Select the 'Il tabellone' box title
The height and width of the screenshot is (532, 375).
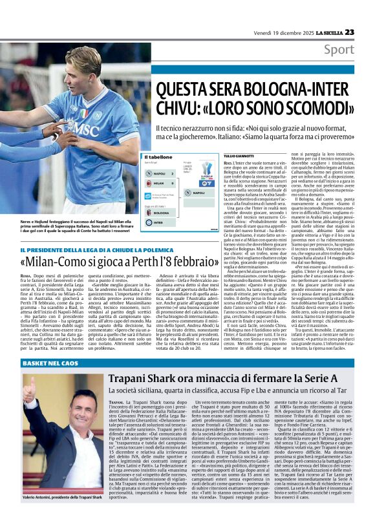(x=158, y=157)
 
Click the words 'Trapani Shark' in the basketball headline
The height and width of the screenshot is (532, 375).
(x=124, y=379)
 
